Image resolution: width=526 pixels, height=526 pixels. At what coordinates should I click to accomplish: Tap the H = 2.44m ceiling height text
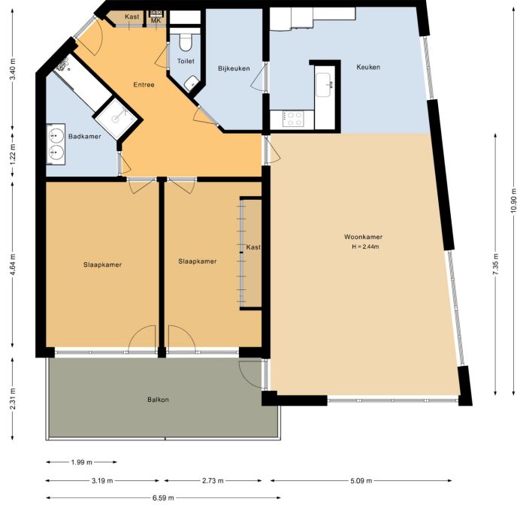point(365,247)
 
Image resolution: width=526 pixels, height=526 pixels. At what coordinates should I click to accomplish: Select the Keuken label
point(368,67)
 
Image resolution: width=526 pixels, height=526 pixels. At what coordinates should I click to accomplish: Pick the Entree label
point(144,84)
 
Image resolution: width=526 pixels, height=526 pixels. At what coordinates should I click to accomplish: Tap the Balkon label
point(158,400)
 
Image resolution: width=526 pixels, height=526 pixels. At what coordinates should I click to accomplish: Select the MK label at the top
point(156,21)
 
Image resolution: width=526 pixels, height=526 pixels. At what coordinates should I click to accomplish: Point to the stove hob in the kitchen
point(293,118)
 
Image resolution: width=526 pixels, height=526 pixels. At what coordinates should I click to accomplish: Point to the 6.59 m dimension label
point(163,498)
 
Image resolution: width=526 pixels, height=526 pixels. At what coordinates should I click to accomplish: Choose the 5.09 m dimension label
point(365,480)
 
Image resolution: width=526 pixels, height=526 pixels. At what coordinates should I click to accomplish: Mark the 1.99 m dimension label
point(81,462)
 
